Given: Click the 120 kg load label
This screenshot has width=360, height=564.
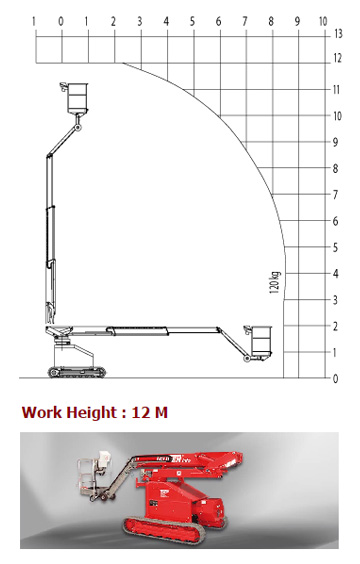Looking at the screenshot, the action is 274,282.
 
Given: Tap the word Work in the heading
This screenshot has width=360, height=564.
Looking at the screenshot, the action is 42,412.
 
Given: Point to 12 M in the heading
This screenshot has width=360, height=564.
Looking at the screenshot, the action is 150,412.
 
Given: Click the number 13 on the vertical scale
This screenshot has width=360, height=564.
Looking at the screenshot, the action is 338,34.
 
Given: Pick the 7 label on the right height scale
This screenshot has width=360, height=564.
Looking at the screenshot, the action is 335,195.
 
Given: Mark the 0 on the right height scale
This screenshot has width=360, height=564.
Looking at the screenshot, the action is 335,378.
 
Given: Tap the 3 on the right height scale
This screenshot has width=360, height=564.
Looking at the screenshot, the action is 335,300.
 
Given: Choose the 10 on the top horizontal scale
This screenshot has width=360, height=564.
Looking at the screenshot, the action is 323,22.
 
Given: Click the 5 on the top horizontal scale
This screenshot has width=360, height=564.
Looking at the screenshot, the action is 192,22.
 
